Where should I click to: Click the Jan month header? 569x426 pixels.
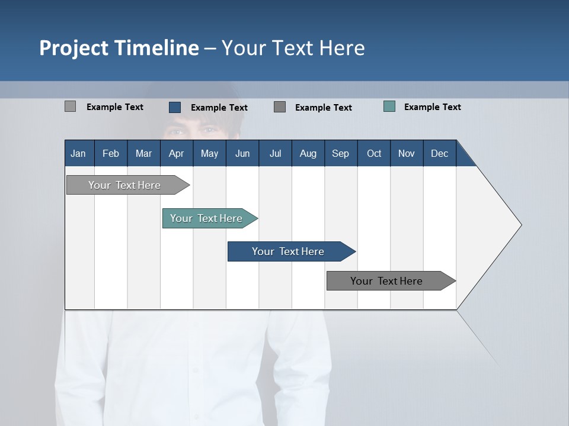79,153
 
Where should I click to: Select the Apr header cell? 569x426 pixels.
177,153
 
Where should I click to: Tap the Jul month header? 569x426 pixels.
275,153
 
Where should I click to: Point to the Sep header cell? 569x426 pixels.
340,153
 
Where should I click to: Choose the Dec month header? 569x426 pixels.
439,153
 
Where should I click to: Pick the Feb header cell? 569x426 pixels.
111,153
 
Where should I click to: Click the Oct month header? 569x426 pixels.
374,153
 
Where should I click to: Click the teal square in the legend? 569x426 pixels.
389,106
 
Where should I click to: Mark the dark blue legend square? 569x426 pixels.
175,107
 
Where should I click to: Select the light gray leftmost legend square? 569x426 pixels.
70,106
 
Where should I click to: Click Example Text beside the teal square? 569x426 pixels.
432,107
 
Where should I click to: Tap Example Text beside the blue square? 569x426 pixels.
219,108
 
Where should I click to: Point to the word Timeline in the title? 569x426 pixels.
156,48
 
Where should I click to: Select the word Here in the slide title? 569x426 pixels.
342,48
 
